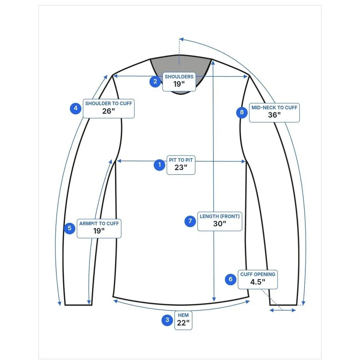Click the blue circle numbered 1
[x=159, y=165]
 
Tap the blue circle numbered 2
[x=155, y=81]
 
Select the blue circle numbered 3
[x=167, y=320]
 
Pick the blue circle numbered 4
[x=76, y=108]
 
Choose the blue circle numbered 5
[x=69, y=229]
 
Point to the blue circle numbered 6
[x=230, y=279]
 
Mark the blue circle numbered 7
[x=190, y=221]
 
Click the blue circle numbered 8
[x=242, y=112]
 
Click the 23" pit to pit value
[x=181, y=167]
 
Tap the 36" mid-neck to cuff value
[x=274, y=115]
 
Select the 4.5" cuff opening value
[x=258, y=282]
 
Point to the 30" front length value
[x=220, y=224]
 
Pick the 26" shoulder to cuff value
[x=109, y=111]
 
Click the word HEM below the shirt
[x=183, y=315]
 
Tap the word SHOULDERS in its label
[x=179, y=77]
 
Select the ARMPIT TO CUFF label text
[x=99, y=224]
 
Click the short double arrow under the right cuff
[x=283, y=310]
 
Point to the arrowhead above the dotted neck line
[x=181, y=39]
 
